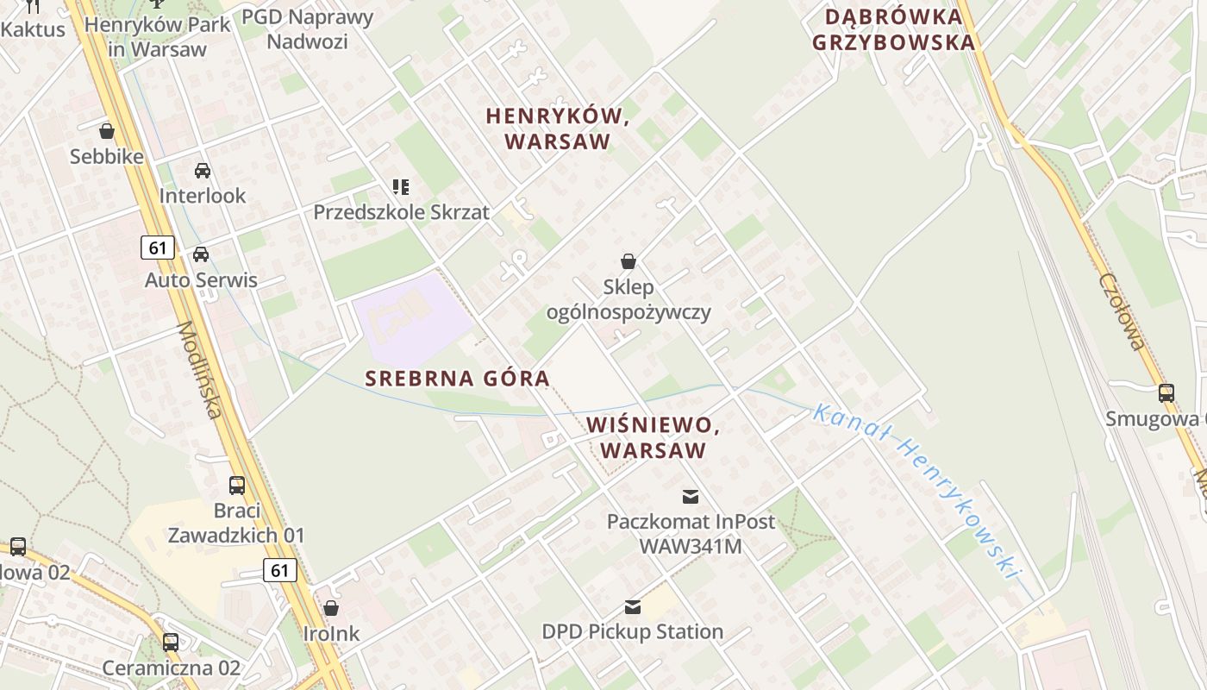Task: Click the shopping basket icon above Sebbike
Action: click(107, 131)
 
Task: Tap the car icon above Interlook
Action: click(203, 170)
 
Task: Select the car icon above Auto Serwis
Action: click(201, 254)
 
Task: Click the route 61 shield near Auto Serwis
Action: click(158, 248)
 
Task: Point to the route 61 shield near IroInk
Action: click(279, 570)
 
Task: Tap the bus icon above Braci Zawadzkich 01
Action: click(237, 485)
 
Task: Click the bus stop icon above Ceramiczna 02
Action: click(171, 642)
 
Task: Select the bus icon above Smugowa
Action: click(1166, 392)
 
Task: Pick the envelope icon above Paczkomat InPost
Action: click(691, 496)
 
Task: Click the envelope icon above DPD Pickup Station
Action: click(633, 606)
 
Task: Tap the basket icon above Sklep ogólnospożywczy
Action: click(629, 260)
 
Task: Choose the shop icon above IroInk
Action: click(331, 608)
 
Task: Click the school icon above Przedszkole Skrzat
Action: click(401, 186)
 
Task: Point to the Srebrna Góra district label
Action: click(457, 379)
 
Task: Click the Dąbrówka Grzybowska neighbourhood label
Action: click(900, 29)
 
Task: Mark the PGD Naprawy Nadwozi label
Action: click(307, 28)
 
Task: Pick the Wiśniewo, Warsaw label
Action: click(653, 437)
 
